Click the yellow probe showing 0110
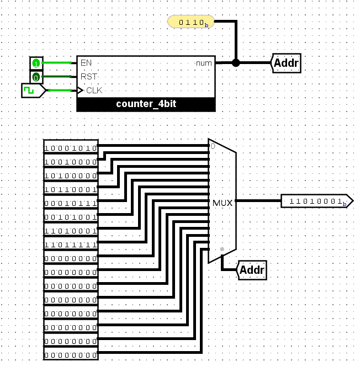coord(190,22)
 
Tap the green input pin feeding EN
coord(36,63)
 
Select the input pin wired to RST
coord(36,77)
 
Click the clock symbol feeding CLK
coord(33,91)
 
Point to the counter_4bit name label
coord(146,104)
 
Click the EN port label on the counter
coord(86,63)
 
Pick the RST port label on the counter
coord(89,77)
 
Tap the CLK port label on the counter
coord(94,91)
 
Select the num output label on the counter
coord(204,63)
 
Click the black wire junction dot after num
coord(236,63)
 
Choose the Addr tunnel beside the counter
coord(286,63)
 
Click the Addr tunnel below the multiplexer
coord(252,270)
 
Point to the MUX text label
coord(223,203)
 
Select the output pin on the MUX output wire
coord(317,201)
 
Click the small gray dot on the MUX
coord(222,249)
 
